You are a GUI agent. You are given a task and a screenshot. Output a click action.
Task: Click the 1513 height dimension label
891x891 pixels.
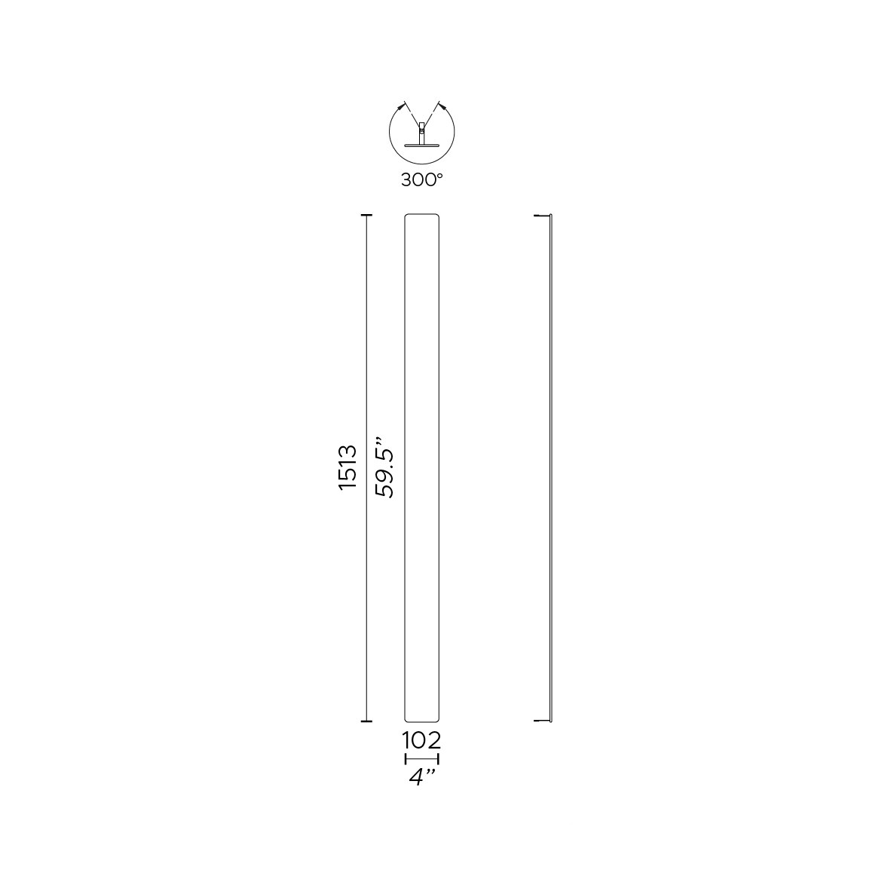348,467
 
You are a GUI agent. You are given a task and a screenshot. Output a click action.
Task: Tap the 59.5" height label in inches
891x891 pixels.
384,467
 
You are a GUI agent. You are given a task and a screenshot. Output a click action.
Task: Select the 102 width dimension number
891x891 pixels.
421,740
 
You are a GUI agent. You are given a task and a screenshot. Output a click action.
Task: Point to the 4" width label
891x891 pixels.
422,776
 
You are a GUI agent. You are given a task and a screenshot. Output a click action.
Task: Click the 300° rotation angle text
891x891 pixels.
421,180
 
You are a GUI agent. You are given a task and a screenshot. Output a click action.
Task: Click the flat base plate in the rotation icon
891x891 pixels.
421,145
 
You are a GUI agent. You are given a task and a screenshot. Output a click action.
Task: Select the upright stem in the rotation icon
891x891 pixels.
421,133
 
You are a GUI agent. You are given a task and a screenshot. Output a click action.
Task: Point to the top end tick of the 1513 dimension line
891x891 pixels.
366,216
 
